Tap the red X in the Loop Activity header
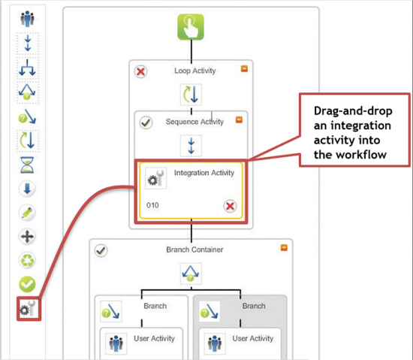(x=140, y=72)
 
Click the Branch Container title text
(x=191, y=250)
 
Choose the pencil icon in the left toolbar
(x=28, y=213)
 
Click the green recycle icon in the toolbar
(x=28, y=260)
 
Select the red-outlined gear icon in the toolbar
(x=28, y=309)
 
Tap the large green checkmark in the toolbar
(x=28, y=284)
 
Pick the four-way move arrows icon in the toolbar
(x=28, y=237)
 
